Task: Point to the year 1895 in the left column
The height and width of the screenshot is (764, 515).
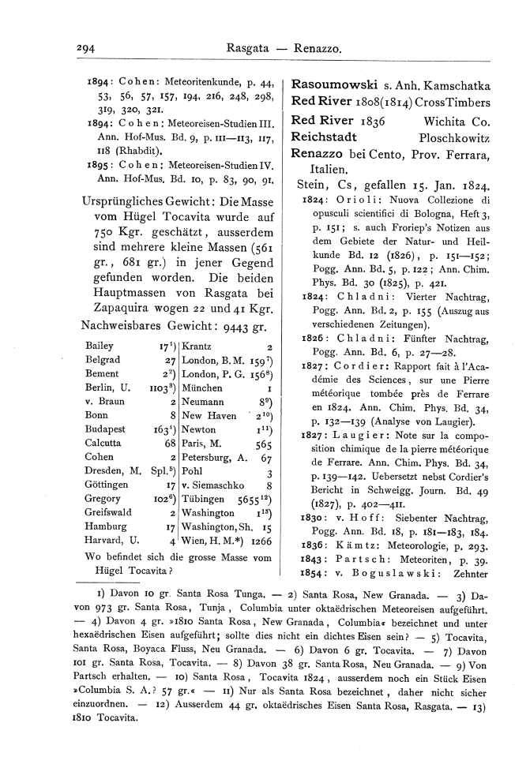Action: [100, 165]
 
